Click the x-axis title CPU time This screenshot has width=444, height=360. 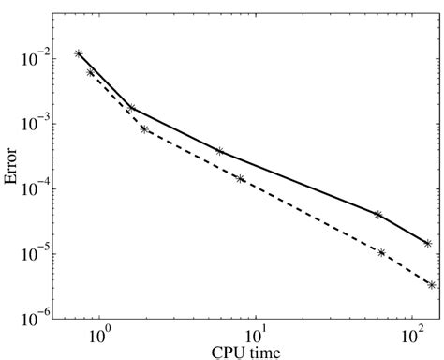pyautogui.click(x=249, y=352)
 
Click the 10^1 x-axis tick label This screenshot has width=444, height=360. pyautogui.click(x=257, y=335)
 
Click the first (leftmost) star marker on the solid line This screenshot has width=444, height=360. pyautogui.click(x=79, y=54)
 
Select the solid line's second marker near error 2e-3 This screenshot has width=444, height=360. pyautogui.click(x=132, y=109)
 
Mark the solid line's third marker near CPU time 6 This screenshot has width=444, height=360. pyautogui.click(x=220, y=151)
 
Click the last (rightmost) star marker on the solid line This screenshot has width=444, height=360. pyautogui.click(x=427, y=244)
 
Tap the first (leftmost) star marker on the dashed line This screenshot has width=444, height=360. pyautogui.click(x=90, y=72)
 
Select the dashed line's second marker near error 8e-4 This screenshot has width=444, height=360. pyautogui.click(x=144, y=129)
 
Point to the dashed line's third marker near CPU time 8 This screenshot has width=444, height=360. pyautogui.click(x=241, y=179)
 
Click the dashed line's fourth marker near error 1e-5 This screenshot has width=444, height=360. pyautogui.click(x=381, y=252)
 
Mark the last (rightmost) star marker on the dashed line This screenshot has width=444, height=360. pyautogui.click(x=431, y=285)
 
